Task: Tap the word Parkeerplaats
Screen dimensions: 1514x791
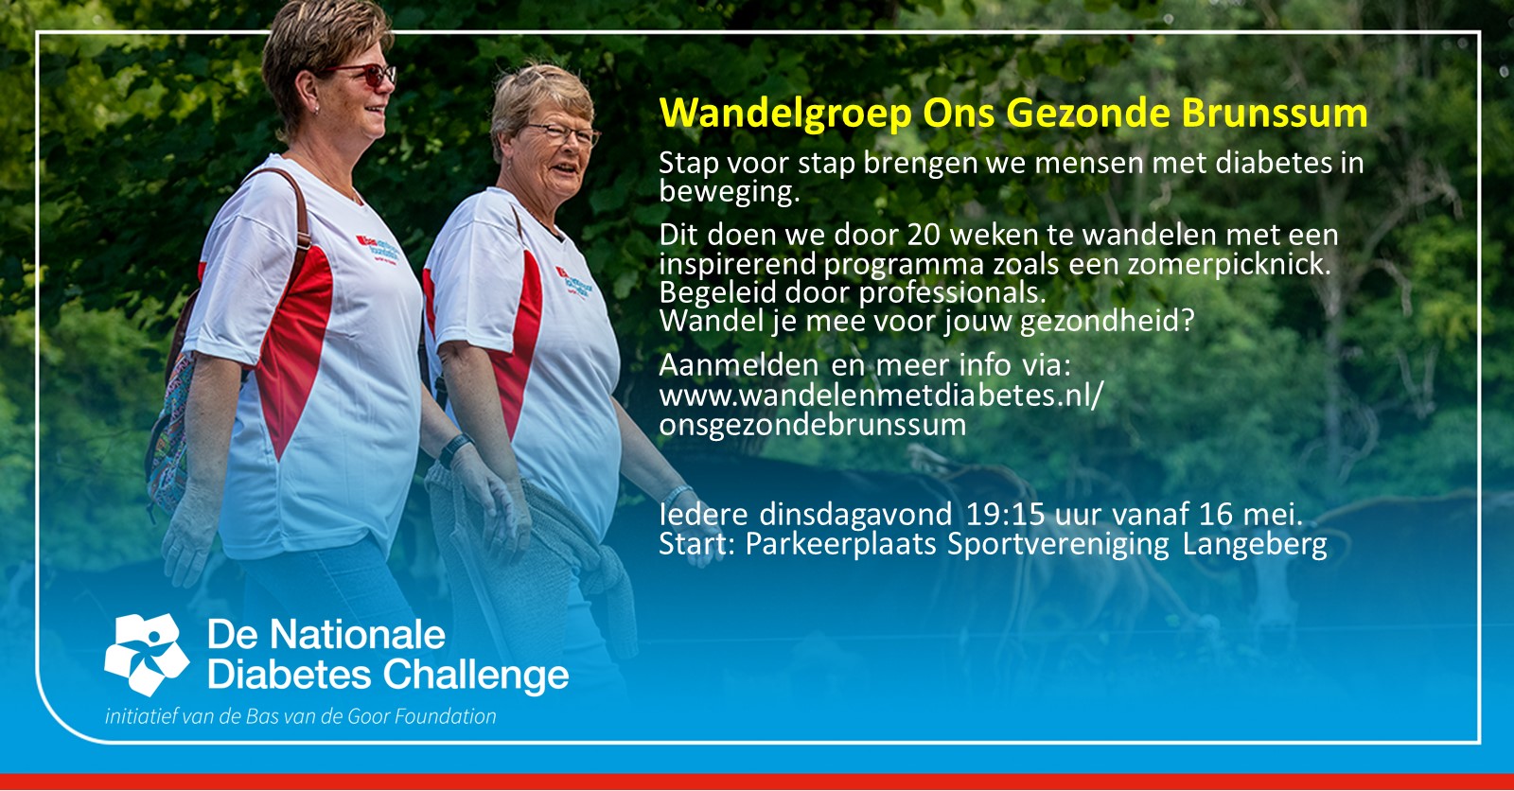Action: [841, 544]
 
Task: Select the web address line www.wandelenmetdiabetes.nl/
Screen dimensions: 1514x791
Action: [881, 395]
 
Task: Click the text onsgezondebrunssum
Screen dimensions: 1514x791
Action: [813, 425]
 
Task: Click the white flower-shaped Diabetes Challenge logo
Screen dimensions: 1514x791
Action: [147, 654]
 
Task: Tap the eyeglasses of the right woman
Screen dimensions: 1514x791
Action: [563, 133]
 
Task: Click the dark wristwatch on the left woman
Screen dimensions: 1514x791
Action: [455, 450]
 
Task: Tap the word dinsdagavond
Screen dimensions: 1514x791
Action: [855, 515]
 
